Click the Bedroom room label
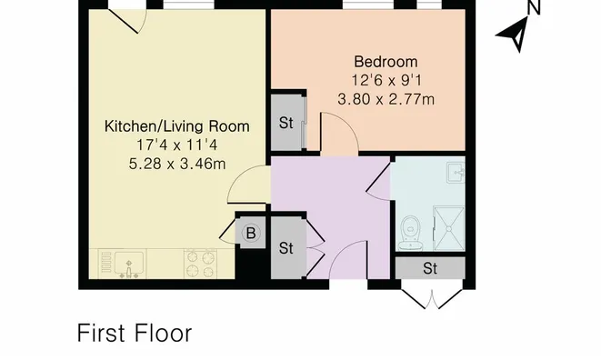tap(386, 62)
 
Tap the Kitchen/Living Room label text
tap(177, 126)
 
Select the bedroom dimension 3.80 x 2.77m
tap(386, 100)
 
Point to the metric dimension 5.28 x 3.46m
tap(177, 164)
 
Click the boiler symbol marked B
tap(251, 233)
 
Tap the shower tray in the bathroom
tap(449, 228)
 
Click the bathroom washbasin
tap(456, 172)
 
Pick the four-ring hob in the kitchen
tap(200, 264)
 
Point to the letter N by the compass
tap(533, 7)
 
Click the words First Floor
tap(135, 333)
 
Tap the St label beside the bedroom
tap(285, 123)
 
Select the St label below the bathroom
tap(430, 268)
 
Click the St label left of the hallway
tap(285, 248)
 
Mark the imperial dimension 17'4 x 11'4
tap(177, 145)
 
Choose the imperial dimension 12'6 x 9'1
tap(386, 81)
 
